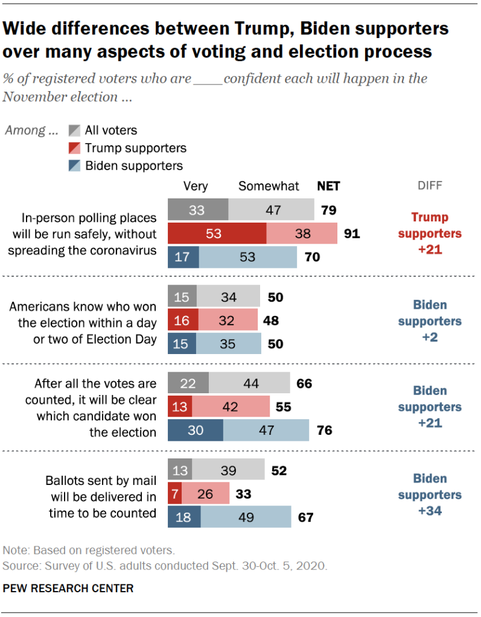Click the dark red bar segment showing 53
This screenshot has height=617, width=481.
[x=216, y=233]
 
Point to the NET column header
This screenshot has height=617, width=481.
[x=328, y=186]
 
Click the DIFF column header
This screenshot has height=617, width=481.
[x=430, y=186]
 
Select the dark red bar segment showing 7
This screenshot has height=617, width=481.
[x=174, y=494]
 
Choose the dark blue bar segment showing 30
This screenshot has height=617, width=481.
[x=195, y=431]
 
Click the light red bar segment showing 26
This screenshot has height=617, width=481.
[x=205, y=494]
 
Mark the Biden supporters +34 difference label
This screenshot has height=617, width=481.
[x=430, y=495]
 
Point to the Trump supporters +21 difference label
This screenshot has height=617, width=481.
[x=430, y=233]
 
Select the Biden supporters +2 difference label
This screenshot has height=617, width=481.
[x=430, y=321]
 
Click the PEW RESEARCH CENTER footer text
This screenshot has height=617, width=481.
[x=68, y=587]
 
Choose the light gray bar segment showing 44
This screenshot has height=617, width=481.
[x=249, y=383]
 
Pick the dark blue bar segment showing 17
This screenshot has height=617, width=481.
[x=182, y=256]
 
